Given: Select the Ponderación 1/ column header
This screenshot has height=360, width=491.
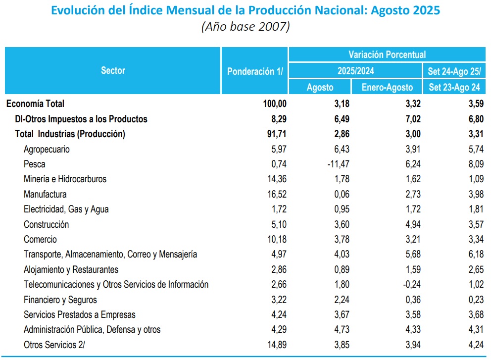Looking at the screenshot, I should tap(254, 71).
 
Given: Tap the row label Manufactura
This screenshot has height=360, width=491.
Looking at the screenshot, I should tap(45, 194).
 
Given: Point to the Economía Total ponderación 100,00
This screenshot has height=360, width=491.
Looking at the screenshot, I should tap(274, 104).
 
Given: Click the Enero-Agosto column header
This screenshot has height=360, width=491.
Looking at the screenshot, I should tap(387, 87).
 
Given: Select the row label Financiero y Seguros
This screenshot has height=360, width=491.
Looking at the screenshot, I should tap(60, 300).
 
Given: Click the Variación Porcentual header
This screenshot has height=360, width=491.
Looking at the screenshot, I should tap(387, 54).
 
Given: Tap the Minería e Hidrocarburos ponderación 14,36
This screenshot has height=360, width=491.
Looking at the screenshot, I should tap(276, 179).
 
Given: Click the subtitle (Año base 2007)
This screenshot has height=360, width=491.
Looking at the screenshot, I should tap(245, 27).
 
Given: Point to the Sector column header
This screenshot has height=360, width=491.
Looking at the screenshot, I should tap(113, 70).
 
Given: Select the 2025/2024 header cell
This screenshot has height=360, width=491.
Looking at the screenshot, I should tap(355, 71).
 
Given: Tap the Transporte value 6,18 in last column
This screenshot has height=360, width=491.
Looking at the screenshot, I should tap(473, 255).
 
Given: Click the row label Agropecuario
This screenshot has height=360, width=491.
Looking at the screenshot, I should tap(47, 149).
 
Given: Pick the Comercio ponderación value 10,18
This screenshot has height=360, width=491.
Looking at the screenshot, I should tap(276, 240).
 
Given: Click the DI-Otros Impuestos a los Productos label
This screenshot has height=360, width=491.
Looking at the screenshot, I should tap(81, 119).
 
